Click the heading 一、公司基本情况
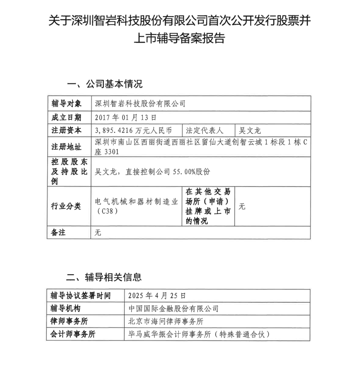[105, 84]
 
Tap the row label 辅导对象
[66, 104]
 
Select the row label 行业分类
[66, 206]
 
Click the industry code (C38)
[106, 211]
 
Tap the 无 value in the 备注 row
[98, 233]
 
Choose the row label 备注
[58, 233]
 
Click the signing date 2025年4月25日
[157, 296]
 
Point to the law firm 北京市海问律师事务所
[166, 321]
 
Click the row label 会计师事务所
[73, 334]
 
